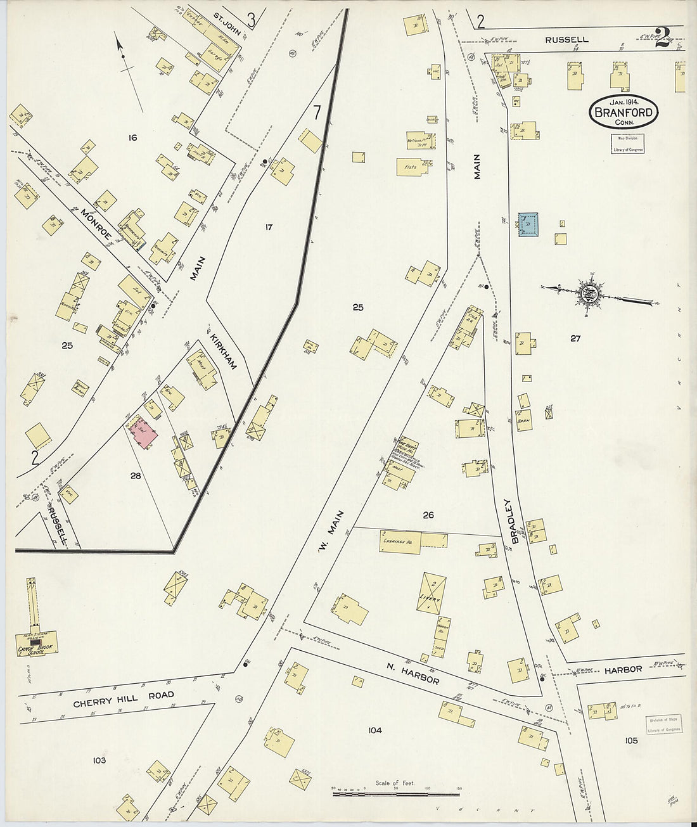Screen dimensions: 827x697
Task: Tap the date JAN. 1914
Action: [625, 101]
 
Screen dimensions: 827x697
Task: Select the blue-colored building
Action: [529, 224]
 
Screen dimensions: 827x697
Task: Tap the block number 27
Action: [575, 338]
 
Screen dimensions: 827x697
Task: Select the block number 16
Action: [132, 138]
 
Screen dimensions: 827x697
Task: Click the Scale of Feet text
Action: [395, 783]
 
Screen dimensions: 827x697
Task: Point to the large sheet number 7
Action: [316, 112]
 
